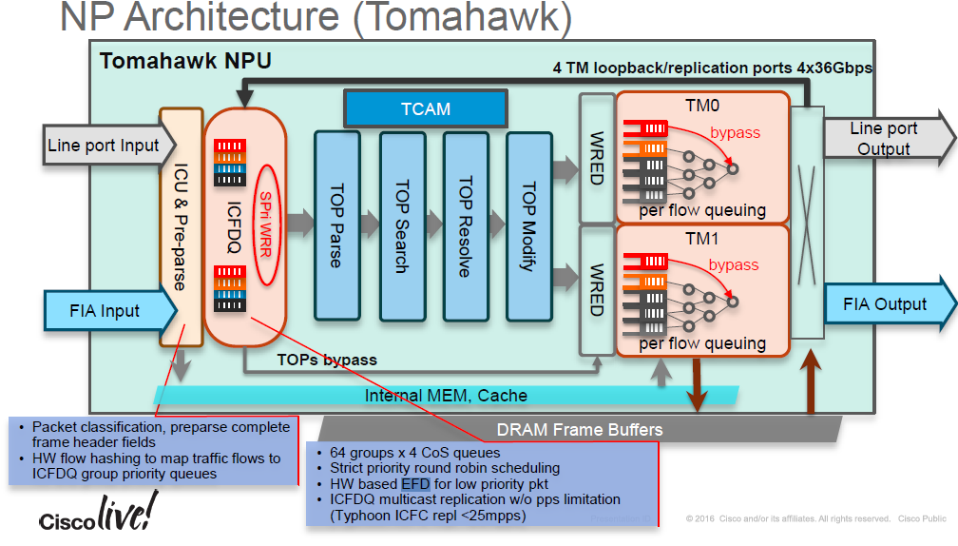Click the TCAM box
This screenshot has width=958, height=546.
click(425, 108)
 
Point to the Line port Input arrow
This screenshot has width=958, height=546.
click(104, 146)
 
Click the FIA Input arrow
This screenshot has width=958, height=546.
click(105, 310)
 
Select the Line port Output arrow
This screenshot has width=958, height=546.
click(887, 139)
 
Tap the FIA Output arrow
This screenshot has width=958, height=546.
click(887, 304)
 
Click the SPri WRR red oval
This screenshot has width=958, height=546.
click(266, 223)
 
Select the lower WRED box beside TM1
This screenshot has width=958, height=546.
click(596, 289)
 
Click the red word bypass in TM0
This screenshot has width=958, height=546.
click(735, 133)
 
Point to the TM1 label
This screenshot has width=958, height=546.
click(702, 240)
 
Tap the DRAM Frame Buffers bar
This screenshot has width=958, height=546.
click(580, 429)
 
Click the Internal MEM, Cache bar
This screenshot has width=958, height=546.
click(446, 395)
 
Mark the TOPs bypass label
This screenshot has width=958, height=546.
click(326, 360)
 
